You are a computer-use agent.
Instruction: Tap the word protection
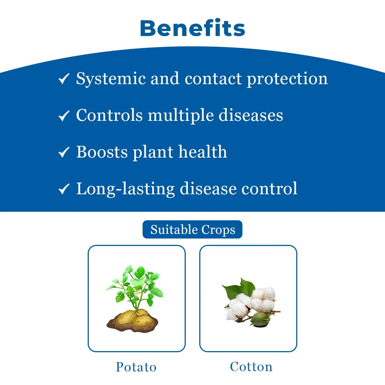tap(287, 79)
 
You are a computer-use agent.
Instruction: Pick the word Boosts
tap(102, 152)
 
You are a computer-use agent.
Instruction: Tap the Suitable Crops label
tap(192, 230)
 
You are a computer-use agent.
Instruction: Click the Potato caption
tap(136, 367)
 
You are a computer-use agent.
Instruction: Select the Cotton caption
tap(251, 366)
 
